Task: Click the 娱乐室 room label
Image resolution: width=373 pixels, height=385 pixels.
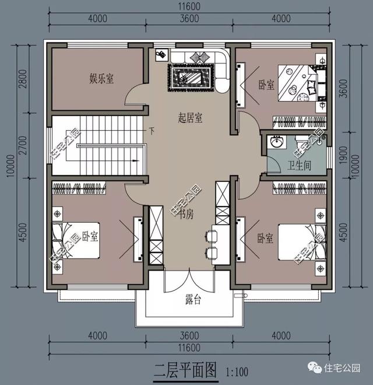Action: point(101,79)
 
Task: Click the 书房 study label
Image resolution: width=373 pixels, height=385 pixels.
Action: point(186,214)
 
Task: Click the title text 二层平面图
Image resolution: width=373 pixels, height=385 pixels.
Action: point(185,370)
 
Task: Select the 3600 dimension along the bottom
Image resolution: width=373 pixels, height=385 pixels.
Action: point(189,335)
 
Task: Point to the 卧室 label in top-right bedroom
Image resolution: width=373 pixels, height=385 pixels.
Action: point(266,85)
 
